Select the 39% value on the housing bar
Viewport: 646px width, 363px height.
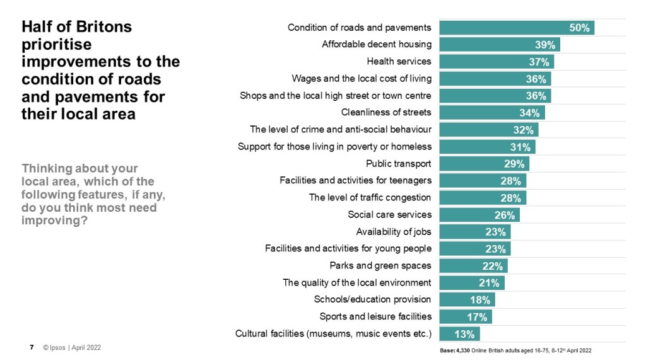point(546,45)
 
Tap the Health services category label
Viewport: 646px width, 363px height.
point(399,62)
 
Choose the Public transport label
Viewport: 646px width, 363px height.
point(399,164)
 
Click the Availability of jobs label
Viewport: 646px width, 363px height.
point(394,232)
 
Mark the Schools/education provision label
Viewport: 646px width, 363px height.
point(372,299)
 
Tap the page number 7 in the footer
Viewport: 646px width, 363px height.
point(32,347)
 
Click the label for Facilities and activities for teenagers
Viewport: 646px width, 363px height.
point(355,181)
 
